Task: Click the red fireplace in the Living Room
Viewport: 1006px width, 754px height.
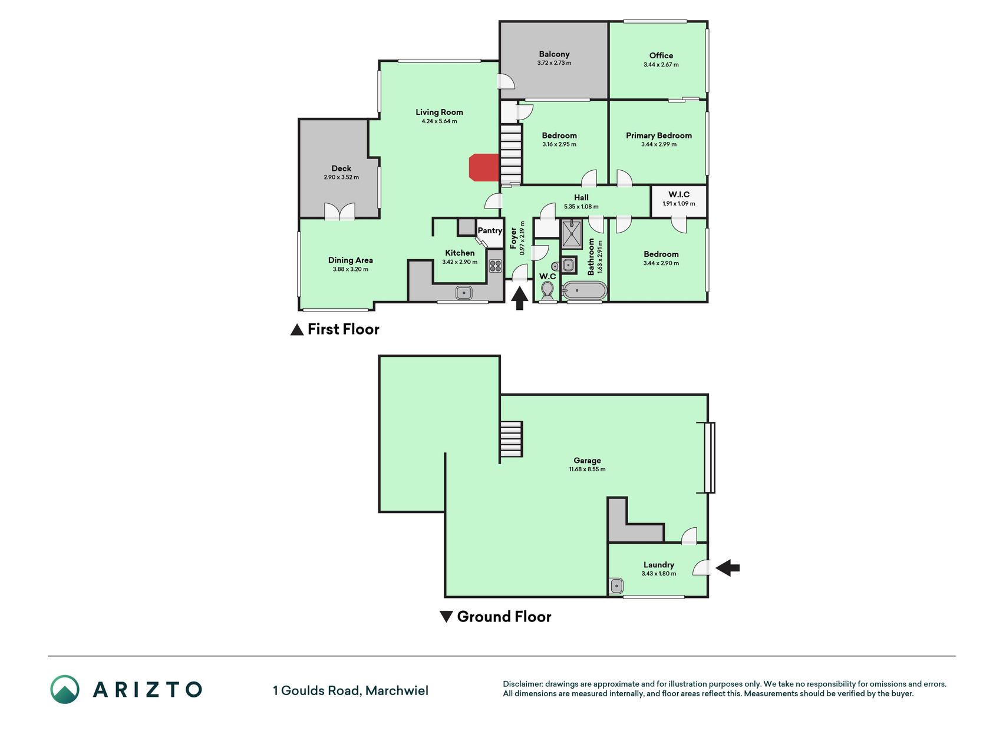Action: [x=484, y=167]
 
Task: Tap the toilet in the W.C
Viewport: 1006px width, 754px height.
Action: [x=547, y=290]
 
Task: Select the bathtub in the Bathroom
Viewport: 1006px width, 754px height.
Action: [x=584, y=291]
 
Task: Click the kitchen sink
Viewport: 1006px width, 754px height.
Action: [x=464, y=292]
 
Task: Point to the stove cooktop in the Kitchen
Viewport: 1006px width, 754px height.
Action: [x=495, y=266]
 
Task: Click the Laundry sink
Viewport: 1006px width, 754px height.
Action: [x=616, y=586]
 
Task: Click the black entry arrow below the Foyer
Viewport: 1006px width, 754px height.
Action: [x=519, y=297]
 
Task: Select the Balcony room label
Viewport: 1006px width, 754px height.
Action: [x=554, y=54]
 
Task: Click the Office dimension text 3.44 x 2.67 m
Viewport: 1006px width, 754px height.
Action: [x=661, y=65]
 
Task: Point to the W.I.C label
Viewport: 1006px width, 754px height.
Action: [x=679, y=194]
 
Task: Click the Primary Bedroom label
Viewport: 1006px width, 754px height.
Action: [x=659, y=135]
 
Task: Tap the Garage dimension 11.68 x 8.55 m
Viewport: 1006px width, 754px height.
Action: [x=587, y=469]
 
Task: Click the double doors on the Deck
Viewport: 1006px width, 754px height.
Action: [x=340, y=211]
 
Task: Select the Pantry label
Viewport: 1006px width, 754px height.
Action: [x=490, y=230]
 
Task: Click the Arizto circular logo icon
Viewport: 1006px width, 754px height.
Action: [x=65, y=689]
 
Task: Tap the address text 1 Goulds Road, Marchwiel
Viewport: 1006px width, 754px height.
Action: [x=351, y=690]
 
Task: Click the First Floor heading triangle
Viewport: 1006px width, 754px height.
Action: [x=297, y=330]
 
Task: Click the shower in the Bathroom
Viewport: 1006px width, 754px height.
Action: [x=571, y=234]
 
